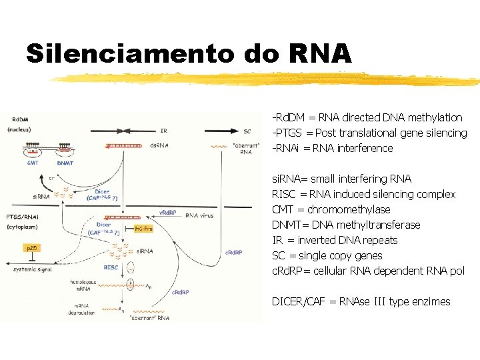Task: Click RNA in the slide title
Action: tap(320, 53)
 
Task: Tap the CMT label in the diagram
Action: tap(33, 163)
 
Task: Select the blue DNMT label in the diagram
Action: tap(65, 163)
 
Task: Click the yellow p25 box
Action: tap(32, 247)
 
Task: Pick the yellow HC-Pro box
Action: tap(145, 228)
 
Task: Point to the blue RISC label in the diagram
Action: tap(111, 267)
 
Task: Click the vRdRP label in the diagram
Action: tap(167, 213)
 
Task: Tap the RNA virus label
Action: tap(201, 215)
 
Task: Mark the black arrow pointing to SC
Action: tap(227, 131)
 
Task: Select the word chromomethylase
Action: tap(349, 209)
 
